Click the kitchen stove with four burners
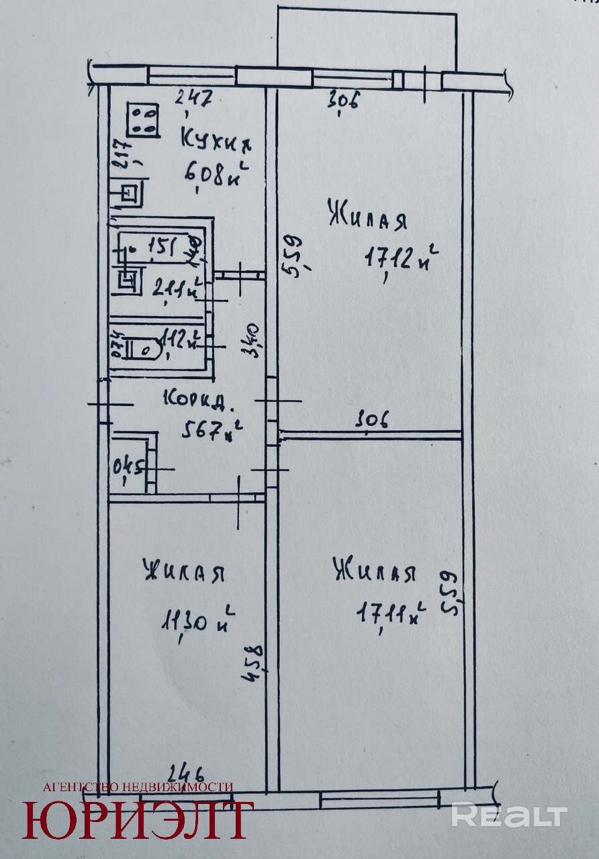tap(143, 121)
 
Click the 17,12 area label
tap(402, 256)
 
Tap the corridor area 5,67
tap(211, 432)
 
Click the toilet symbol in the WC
tap(146, 348)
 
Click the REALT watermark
tap(508, 815)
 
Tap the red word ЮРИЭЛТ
tap(138, 819)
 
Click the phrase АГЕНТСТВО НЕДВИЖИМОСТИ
tap(138, 787)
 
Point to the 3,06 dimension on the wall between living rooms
tap(373, 421)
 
